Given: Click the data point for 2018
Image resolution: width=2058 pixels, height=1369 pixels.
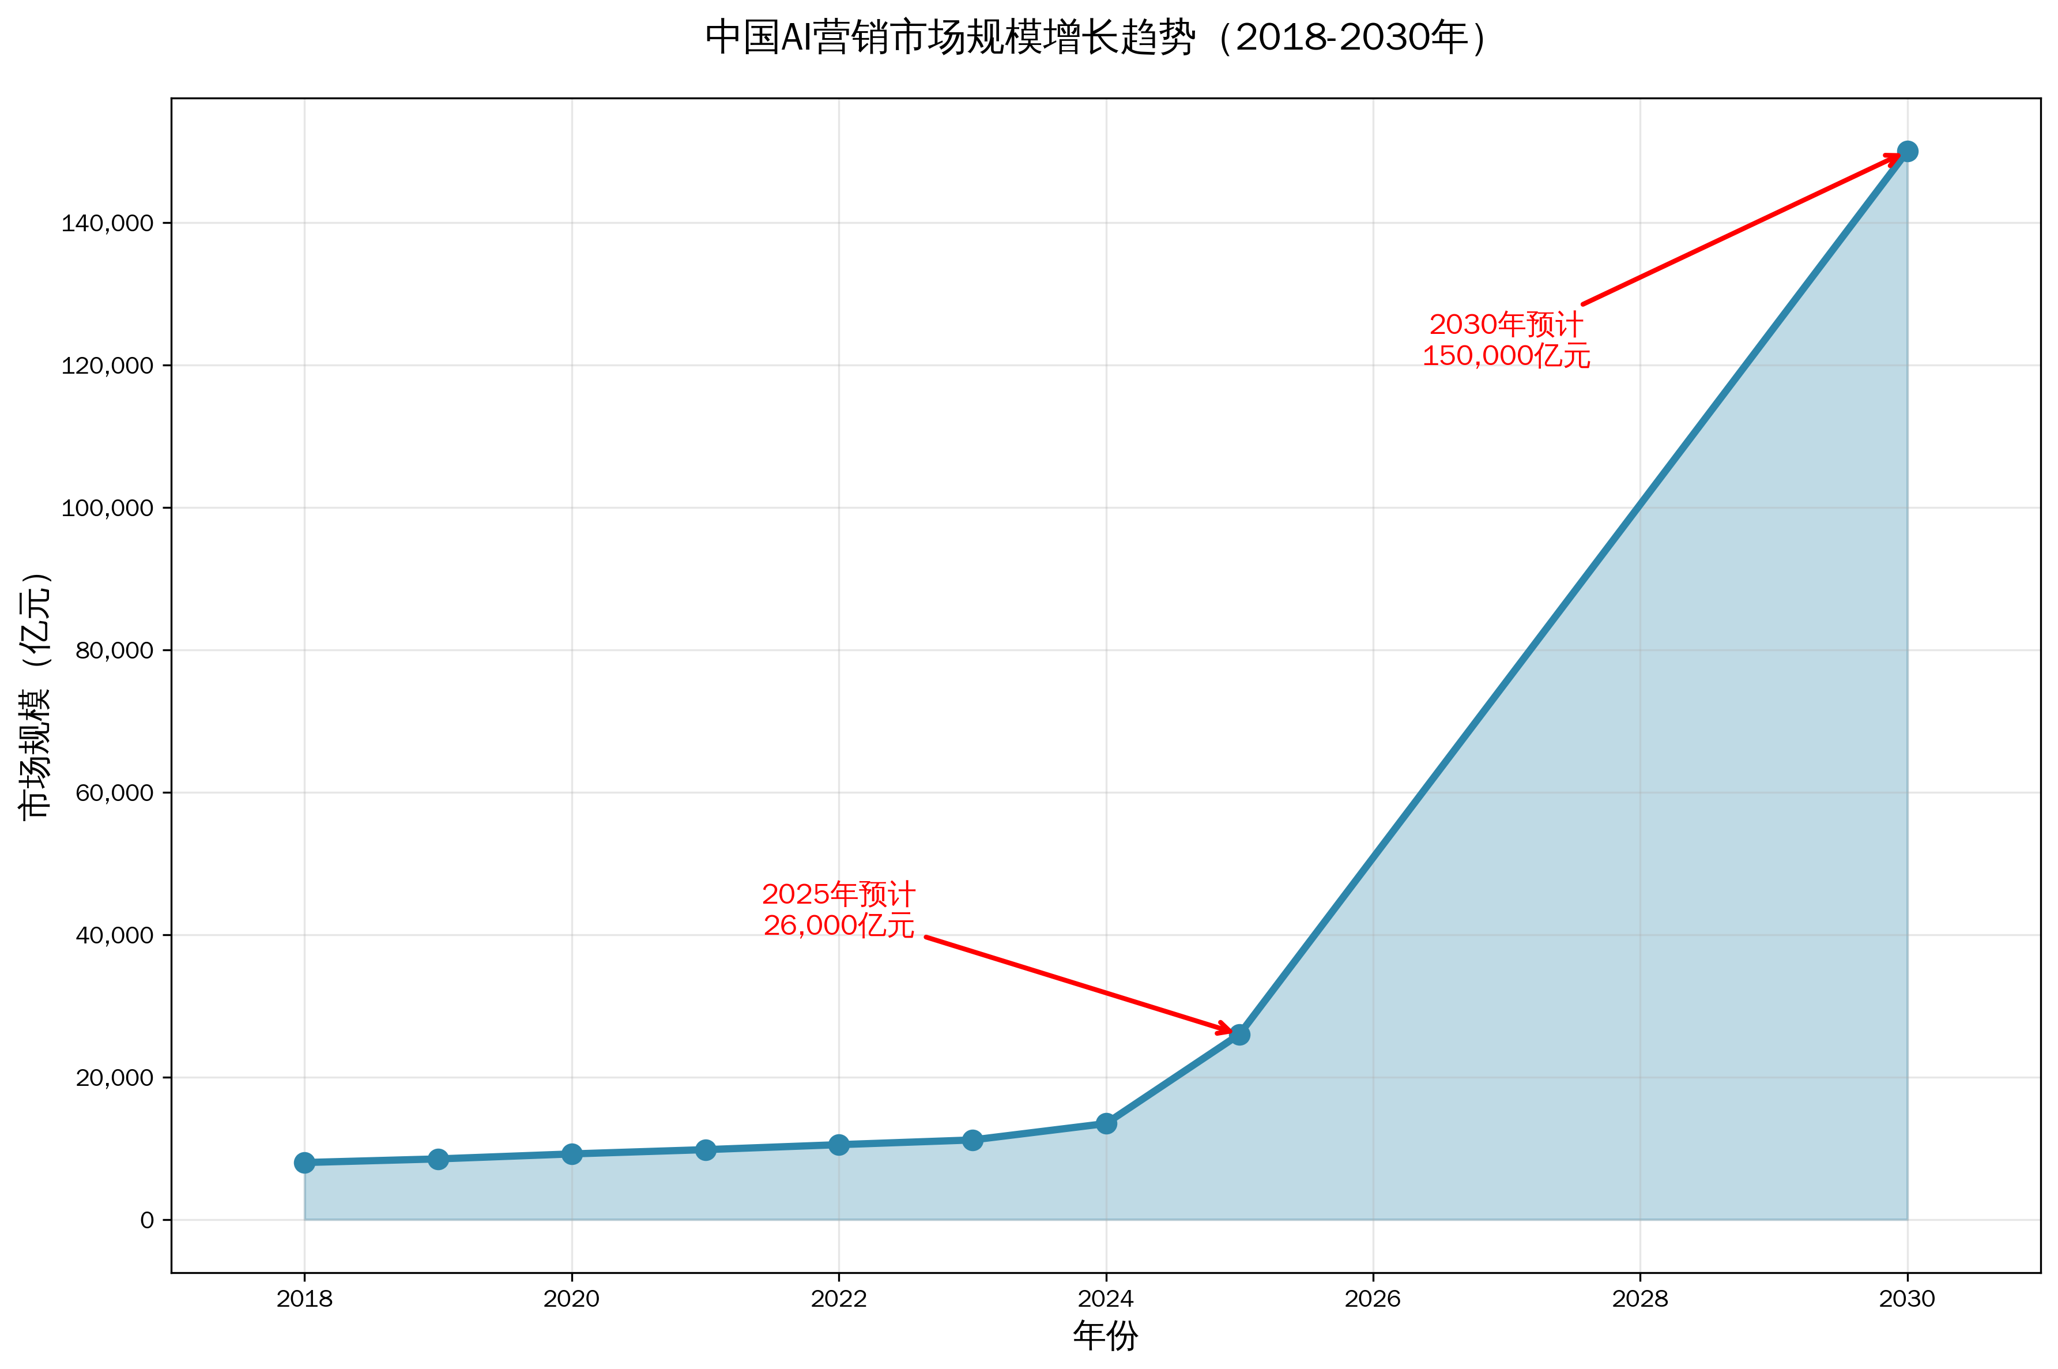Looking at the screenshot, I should point(304,1162).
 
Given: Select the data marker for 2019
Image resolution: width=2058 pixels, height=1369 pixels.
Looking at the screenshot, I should point(438,1159).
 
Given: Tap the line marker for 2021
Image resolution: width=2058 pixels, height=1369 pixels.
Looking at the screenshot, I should point(705,1149).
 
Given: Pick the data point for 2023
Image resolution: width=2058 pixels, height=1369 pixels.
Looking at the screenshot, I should point(973,1139).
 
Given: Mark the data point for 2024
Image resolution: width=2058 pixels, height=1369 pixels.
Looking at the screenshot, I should point(1106,1123).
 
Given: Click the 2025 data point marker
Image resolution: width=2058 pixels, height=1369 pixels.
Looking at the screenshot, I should point(1239,1035).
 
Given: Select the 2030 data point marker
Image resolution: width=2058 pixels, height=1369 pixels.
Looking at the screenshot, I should point(1907,152).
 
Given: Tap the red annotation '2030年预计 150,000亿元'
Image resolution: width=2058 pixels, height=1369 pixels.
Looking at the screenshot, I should point(1506,340).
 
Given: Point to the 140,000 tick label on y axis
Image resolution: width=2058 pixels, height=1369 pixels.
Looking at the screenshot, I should point(107,224).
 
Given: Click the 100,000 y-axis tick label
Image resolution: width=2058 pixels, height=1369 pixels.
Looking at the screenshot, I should point(107,508).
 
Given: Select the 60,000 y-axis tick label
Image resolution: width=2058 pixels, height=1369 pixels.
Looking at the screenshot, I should point(114,793).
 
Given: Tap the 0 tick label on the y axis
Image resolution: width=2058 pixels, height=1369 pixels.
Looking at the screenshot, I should point(146,1220).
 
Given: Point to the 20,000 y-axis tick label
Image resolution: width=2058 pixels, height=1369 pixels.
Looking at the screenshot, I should point(114,1077).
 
